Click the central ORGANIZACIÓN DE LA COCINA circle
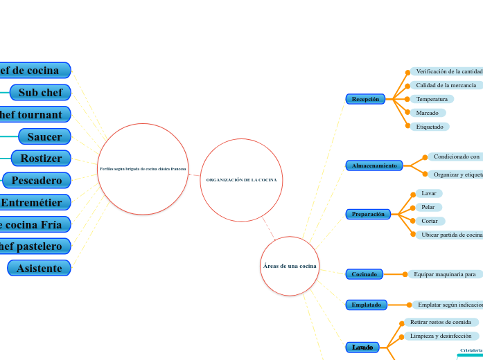(241, 180)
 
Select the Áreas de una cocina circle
(290, 266)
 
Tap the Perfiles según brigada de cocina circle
(143, 169)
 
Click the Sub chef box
(40, 92)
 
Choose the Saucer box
(44, 136)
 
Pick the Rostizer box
(41, 159)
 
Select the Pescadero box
(37, 181)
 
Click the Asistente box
(39, 268)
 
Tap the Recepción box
(365, 99)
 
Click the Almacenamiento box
(374, 165)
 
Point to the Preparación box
(368, 214)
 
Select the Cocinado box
(364, 274)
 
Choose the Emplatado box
(366, 304)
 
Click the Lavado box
(362, 347)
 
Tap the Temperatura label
(431, 99)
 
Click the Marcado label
(427, 113)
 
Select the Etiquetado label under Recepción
(429, 127)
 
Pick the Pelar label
(428, 207)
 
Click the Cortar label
(429, 221)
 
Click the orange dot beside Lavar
(413, 194)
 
